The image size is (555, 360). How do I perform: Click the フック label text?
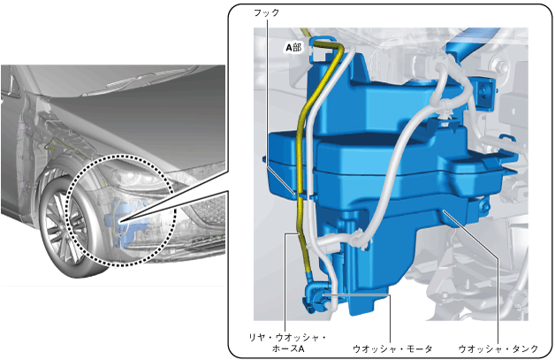(x=267, y=12)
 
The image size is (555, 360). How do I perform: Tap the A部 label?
(x=293, y=47)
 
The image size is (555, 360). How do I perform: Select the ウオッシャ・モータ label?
(x=392, y=349)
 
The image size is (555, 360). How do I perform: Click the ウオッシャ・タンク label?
(x=498, y=349)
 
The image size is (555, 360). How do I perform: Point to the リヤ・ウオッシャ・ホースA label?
(x=287, y=343)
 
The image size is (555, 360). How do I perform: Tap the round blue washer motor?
(x=316, y=298)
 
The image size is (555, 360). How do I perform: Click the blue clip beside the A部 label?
(x=320, y=49)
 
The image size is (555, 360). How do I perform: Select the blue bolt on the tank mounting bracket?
(x=483, y=91)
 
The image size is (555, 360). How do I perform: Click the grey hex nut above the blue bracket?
(x=500, y=66)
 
